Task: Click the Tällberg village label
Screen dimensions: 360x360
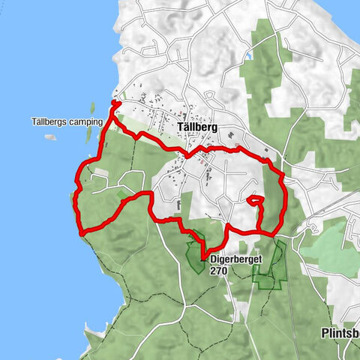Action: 198,128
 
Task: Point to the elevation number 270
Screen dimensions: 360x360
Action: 218,273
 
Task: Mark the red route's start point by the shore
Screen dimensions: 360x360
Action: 114,103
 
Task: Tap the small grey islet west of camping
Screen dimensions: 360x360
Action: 51,137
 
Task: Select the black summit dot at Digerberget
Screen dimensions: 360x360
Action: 202,260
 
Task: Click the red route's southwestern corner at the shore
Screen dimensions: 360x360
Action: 80,231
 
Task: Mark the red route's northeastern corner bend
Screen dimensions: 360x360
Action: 280,174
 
